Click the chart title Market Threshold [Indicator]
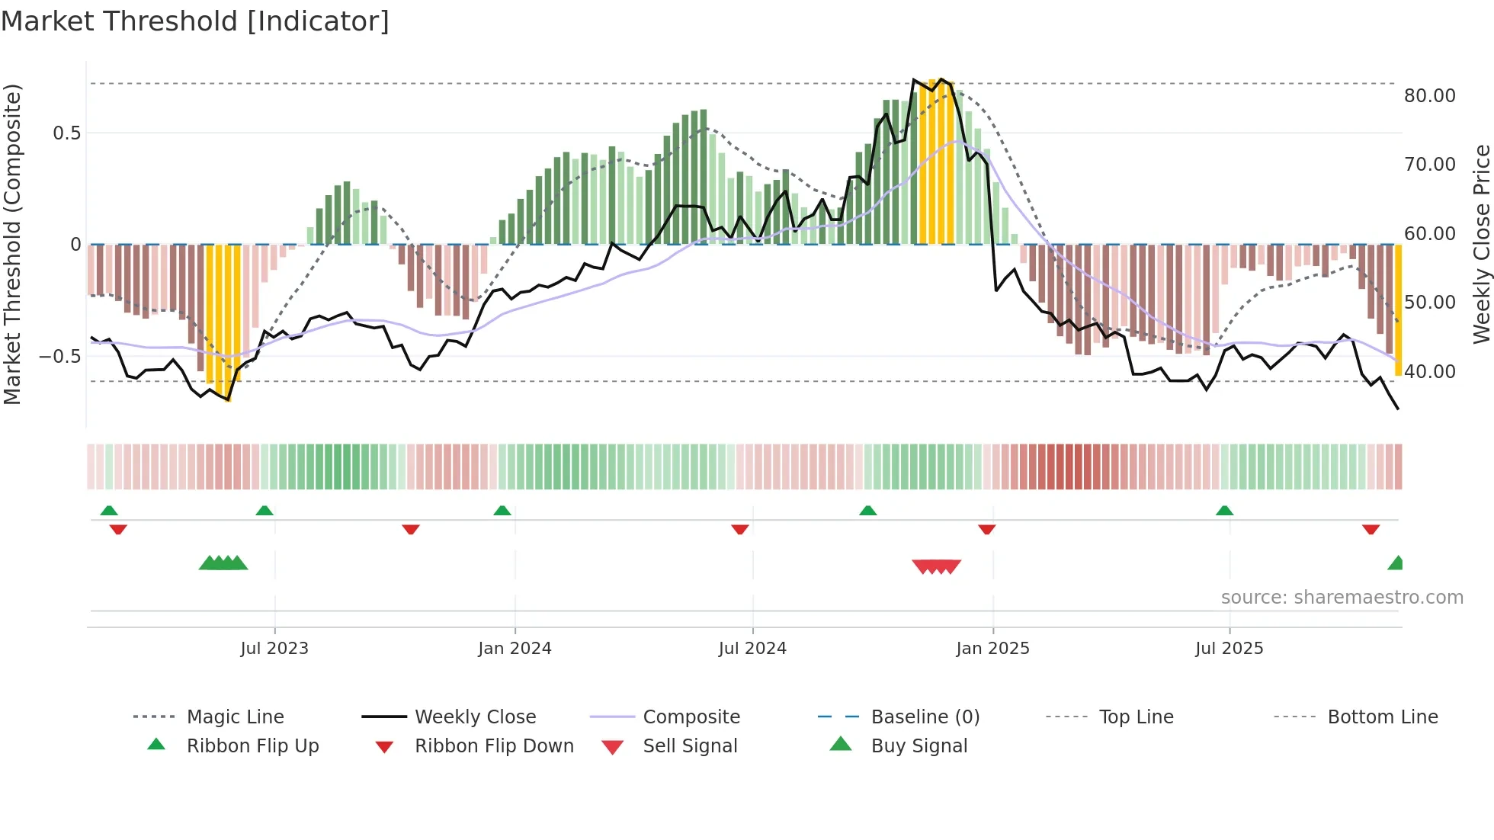coord(195,21)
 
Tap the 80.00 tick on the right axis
coord(1429,96)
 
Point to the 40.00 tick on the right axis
coord(1429,372)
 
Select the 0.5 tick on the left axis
coord(66,133)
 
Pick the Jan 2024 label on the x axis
coord(515,649)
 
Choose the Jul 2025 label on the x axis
coord(1229,649)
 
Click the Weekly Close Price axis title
coord(1480,244)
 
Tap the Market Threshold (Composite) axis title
coord(12,244)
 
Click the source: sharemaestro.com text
coord(1342,598)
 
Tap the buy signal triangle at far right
coord(1396,564)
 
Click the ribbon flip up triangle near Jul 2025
coord(1224,511)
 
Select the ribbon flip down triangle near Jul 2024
coord(739,529)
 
